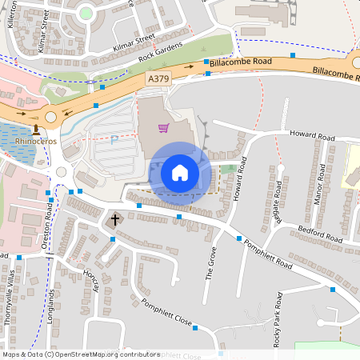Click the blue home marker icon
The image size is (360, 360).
179,172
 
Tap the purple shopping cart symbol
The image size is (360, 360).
163,128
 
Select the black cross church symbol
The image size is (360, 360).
114,218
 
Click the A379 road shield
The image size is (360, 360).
158,79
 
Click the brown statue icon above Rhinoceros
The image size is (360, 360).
35,128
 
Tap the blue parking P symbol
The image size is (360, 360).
114,138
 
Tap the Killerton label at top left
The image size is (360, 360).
11,14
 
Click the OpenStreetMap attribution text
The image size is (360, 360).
81,354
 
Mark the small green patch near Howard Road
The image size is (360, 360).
230,169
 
